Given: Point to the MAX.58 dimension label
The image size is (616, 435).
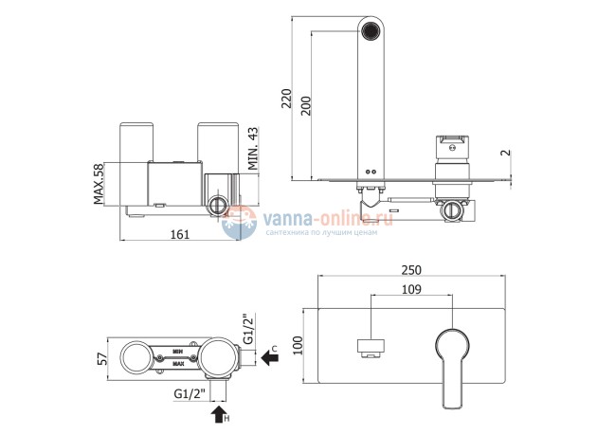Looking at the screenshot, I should point(100,184).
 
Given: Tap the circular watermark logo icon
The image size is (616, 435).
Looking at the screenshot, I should point(238,223).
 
